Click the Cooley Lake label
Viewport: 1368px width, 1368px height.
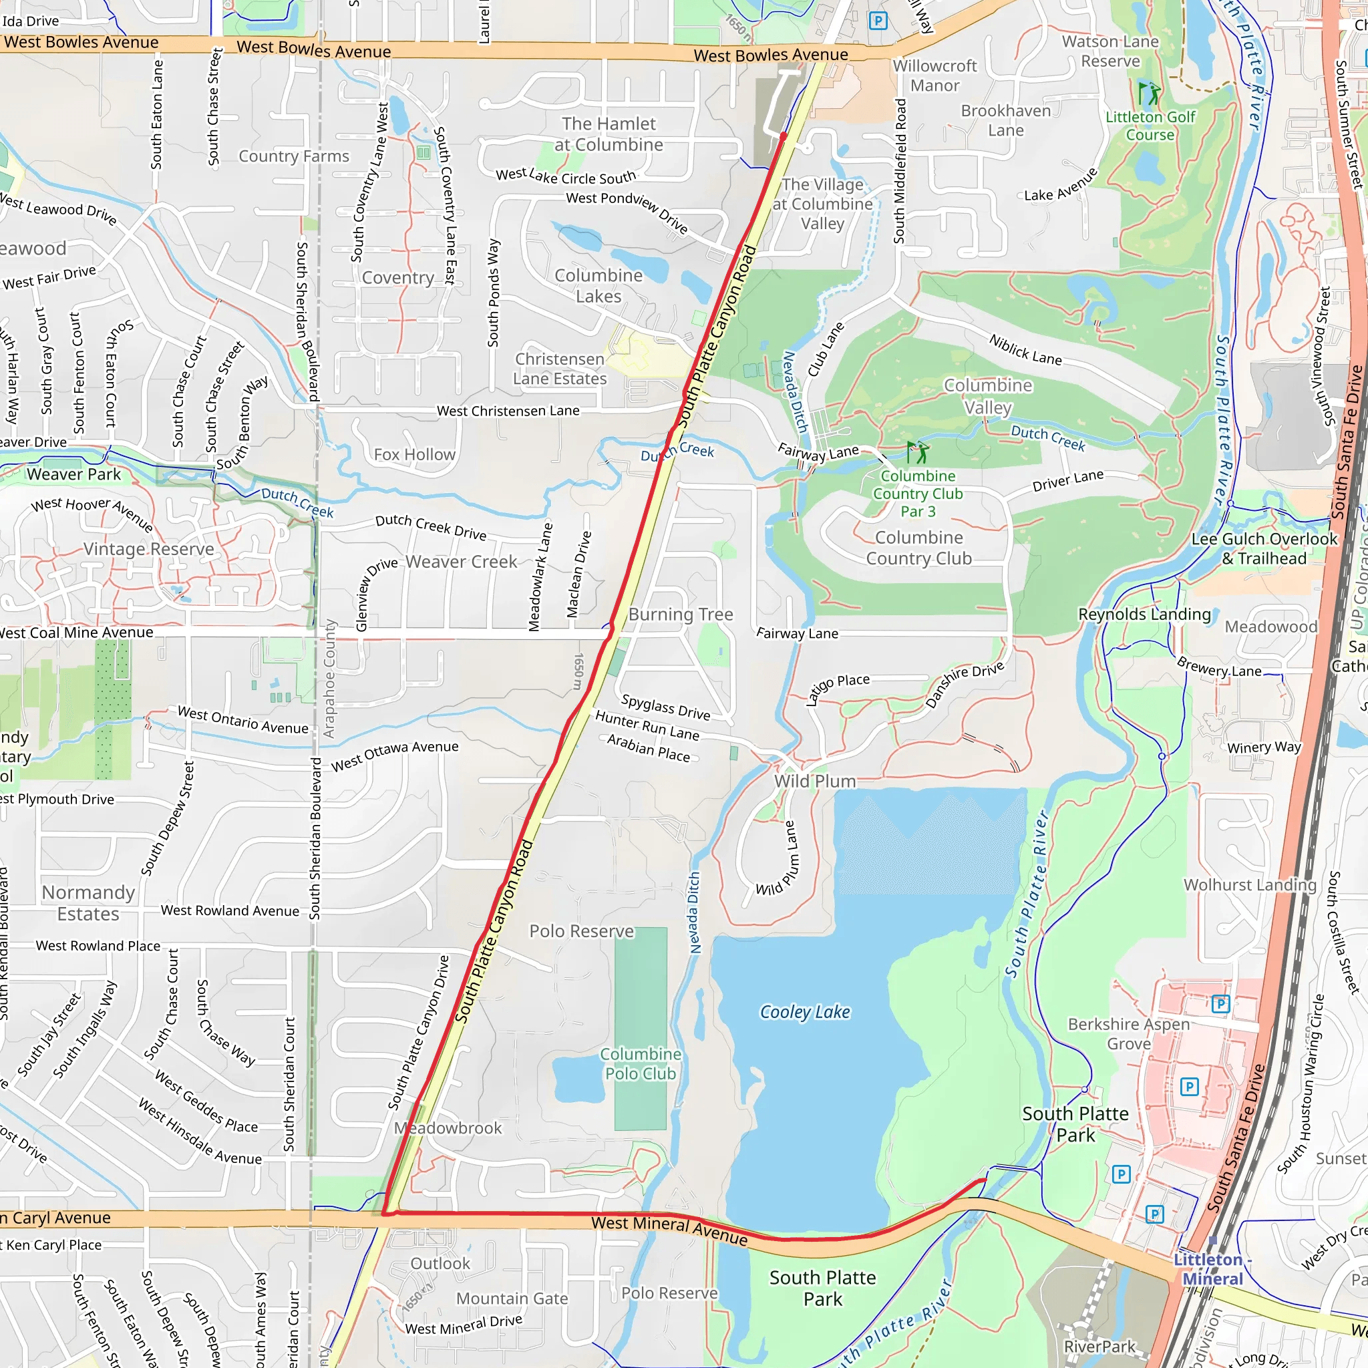pos(804,1012)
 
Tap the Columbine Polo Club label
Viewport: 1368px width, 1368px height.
pos(640,1063)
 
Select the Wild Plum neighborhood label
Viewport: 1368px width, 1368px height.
pos(814,781)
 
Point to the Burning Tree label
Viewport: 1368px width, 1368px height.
pos(681,614)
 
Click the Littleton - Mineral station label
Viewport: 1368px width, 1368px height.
pos(1212,1269)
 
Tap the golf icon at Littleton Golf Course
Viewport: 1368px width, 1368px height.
pos(1148,93)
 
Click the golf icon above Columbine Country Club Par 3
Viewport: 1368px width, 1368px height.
pos(918,451)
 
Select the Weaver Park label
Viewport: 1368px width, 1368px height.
pos(73,474)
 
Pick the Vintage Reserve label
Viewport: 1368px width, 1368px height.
pos(149,549)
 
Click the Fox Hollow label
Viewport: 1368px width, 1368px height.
pos(414,455)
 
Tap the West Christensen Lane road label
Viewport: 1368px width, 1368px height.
pos(508,411)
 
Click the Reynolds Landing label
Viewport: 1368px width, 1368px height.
pos(1144,614)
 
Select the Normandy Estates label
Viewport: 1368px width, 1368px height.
pos(89,903)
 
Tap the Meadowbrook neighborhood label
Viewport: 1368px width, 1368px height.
pos(448,1128)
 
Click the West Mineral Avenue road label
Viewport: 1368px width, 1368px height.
pos(669,1230)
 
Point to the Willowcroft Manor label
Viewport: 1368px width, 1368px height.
pos(934,75)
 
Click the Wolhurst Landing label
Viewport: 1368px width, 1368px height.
pos(1250,884)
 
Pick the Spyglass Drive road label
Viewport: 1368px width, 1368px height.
pos(665,707)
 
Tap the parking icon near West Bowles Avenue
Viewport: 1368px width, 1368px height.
pos(878,21)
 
